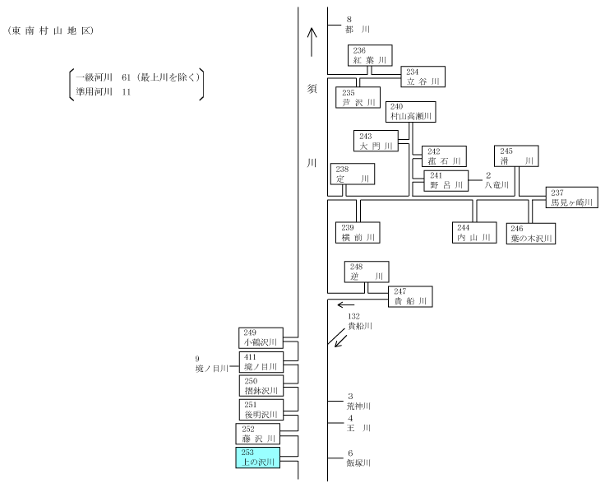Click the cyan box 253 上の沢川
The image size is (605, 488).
[258, 458]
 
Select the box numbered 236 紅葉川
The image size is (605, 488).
[370, 55]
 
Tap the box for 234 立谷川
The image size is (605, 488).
[423, 77]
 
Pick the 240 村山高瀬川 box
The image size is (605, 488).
[411, 112]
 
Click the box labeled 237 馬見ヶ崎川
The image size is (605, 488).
[572, 198]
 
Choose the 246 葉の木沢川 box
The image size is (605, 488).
[531, 234]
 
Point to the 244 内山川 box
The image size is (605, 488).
[474, 233]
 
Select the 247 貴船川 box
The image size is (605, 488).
[410, 297]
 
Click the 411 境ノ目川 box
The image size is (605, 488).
[261, 362]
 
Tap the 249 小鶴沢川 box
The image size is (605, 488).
[261, 338]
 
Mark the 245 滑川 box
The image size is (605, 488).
[517, 156]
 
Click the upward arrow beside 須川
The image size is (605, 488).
[312, 43]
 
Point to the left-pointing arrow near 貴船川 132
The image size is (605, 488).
[346, 304]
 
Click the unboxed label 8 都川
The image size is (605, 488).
[358, 25]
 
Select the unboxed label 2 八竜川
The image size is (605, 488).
[496, 180]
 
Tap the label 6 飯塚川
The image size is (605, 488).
[358, 458]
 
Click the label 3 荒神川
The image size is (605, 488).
[358, 402]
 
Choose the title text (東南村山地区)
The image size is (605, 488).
[50, 31]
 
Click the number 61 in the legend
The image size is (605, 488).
[126, 77]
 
